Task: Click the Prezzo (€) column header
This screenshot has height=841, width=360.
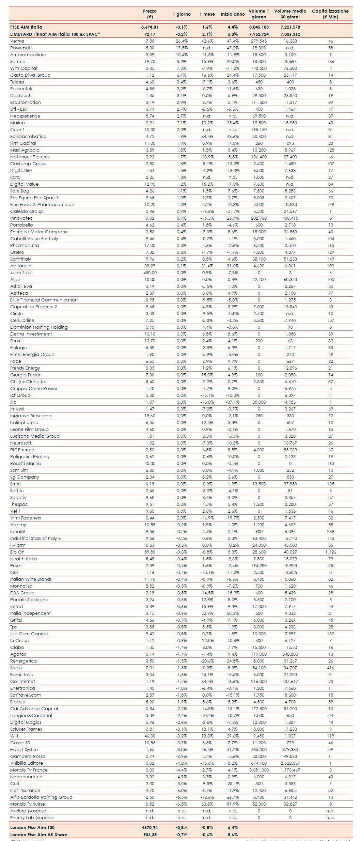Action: coord(150,14)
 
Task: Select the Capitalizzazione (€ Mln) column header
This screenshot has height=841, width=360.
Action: coord(330,14)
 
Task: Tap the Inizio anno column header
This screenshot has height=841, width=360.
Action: coord(233,14)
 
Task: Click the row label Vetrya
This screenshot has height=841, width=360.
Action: coord(17,41)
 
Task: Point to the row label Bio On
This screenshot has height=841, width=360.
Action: coord(17,552)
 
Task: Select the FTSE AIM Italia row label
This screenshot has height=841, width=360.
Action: coord(26,27)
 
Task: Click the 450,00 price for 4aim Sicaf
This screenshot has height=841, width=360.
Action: coord(150,272)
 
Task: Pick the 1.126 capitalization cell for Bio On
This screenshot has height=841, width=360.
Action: coord(330,552)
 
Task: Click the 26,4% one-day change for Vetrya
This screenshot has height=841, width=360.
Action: coord(182,41)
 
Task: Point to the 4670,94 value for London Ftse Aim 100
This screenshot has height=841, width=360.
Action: coord(150,827)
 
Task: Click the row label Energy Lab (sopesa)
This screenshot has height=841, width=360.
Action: coord(32,817)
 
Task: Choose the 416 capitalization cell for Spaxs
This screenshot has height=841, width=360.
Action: coord(330,668)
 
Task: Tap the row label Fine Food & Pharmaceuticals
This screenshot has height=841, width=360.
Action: coord(42,204)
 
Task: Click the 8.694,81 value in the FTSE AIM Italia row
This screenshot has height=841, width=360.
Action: coord(150,27)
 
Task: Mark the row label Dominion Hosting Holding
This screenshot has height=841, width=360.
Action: coord(39,327)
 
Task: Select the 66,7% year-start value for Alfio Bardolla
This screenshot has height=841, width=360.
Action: coord(233,797)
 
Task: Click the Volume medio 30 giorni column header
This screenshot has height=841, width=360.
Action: coord(290,14)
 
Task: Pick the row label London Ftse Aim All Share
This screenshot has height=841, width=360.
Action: coord(39,835)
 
